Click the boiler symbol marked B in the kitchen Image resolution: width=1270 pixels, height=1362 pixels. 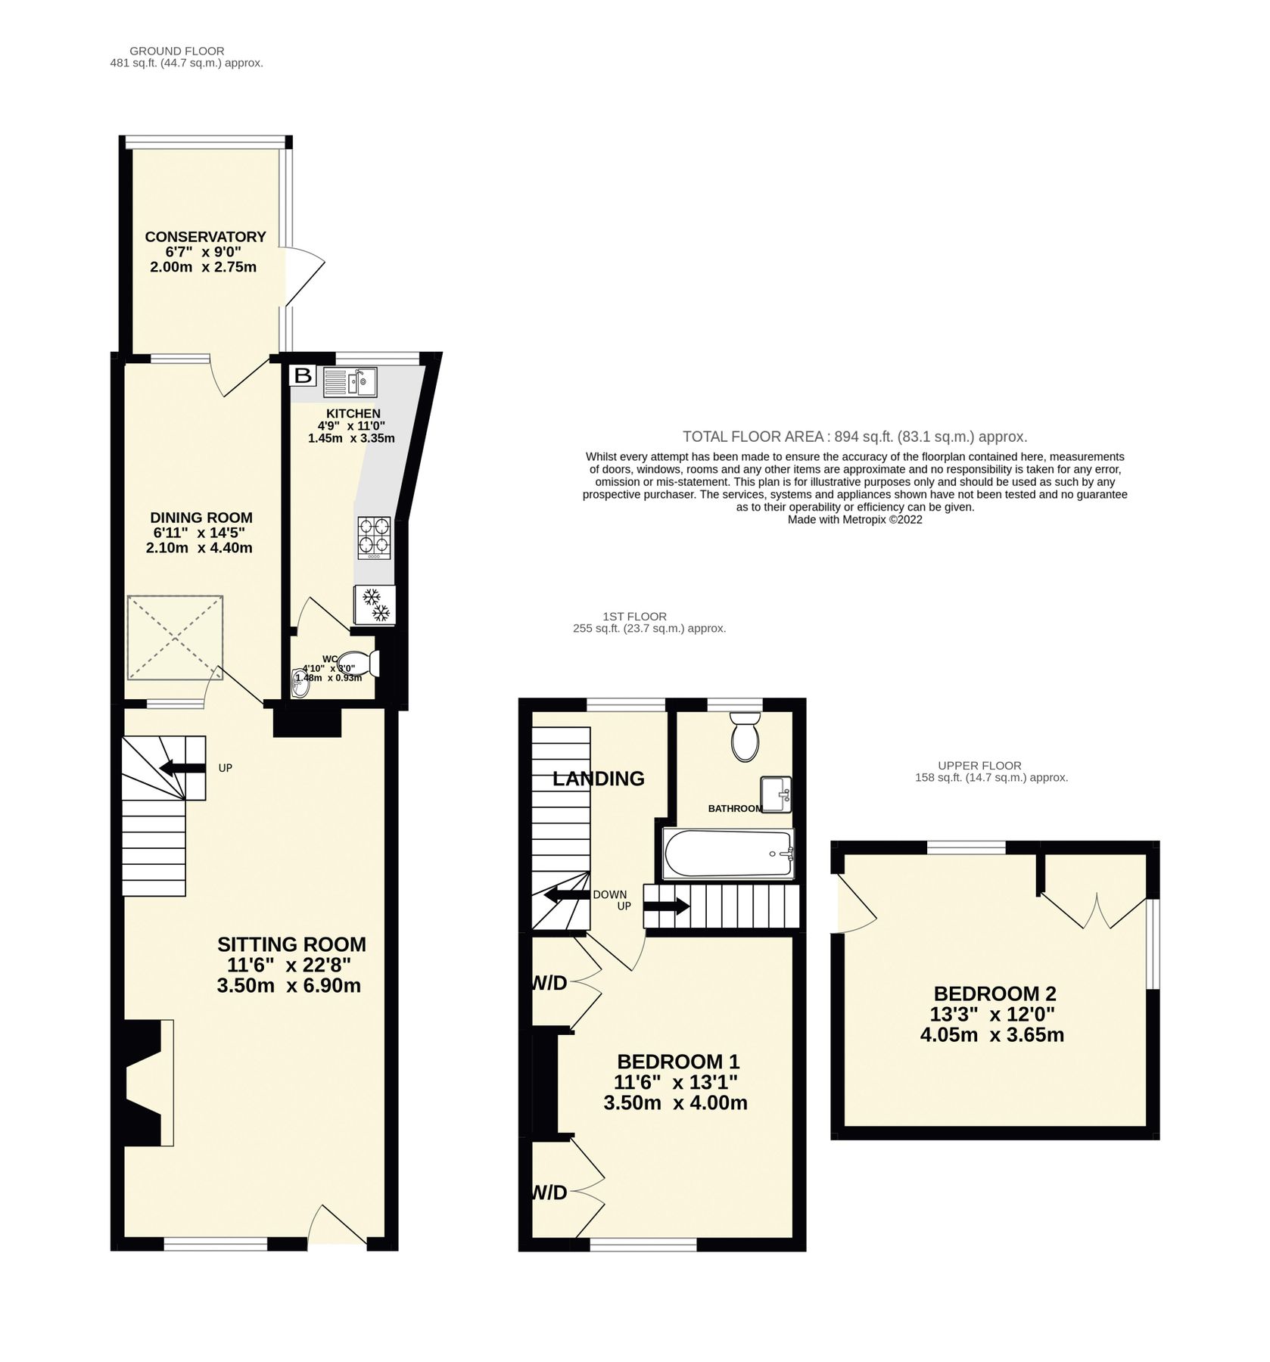pos(302,375)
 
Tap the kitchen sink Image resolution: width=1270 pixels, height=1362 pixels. pos(350,381)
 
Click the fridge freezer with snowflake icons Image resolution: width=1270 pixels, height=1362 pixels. pos(374,605)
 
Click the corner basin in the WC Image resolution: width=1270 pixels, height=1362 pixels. pos(300,683)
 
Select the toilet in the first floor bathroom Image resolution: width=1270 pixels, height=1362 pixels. pos(746,736)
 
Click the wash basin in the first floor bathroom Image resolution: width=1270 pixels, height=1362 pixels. pos(775,794)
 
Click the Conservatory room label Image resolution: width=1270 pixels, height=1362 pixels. pos(205,237)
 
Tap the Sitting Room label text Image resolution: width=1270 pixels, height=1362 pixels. pos(291,944)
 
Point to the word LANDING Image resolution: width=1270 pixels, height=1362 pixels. pos(598,778)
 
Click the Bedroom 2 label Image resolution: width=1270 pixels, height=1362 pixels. pos(995,994)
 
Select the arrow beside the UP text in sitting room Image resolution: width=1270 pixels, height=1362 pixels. pos(182,768)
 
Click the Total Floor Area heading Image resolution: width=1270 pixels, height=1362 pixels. pos(854,437)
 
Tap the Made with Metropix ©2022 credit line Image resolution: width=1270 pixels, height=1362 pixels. pos(854,520)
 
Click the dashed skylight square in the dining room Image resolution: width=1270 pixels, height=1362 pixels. pos(176,638)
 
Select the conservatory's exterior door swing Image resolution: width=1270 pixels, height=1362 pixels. pos(304,277)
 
